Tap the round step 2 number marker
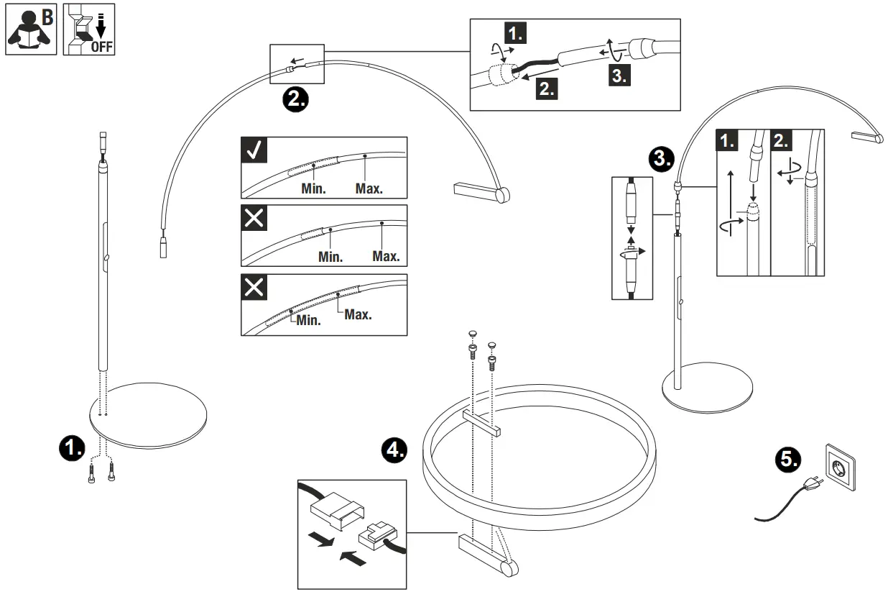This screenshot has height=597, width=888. pyautogui.click(x=295, y=99)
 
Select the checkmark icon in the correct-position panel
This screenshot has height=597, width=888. pyautogui.click(x=254, y=150)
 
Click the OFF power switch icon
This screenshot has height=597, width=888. pyautogui.click(x=91, y=28)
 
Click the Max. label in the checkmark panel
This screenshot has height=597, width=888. pyautogui.click(x=369, y=188)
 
